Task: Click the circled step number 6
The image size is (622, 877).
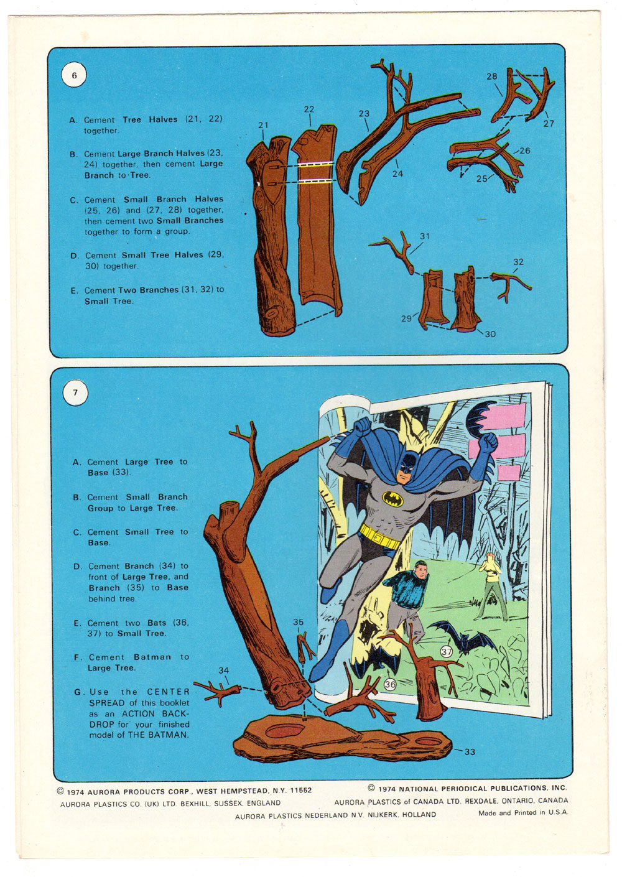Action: click(75, 75)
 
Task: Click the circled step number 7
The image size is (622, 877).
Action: click(75, 392)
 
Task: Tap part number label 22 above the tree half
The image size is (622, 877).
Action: click(309, 109)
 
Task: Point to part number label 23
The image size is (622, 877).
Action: click(364, 114)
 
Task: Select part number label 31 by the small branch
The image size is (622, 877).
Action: click(425, 236)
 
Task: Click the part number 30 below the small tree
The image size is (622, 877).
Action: click(490, 334)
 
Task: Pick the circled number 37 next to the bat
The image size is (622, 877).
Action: click(447, 652)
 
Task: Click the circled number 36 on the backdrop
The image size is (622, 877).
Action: click(390, 684)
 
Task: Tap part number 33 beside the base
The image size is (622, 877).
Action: click(470, 752)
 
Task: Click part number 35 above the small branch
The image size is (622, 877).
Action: click(299, 622)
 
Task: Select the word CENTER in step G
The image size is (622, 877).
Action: click(169, 692)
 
